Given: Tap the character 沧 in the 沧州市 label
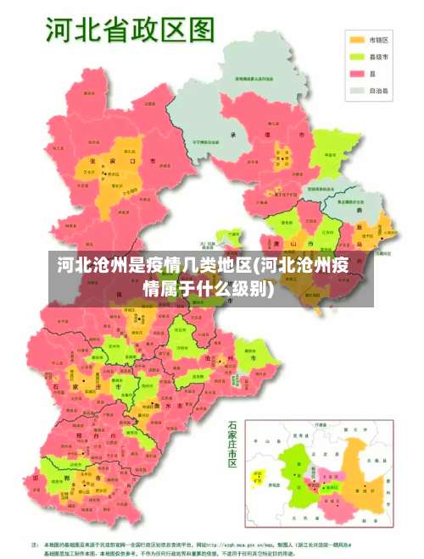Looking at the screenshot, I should click(x=209, y=358).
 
